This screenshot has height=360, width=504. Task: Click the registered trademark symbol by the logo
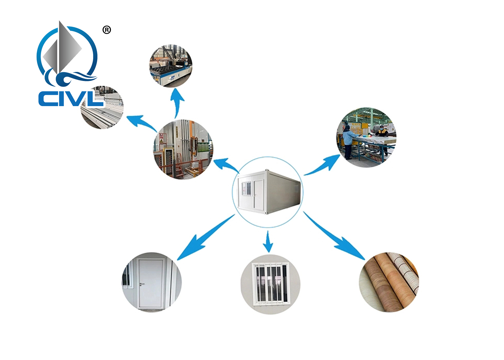pyautogui.click(x=107, y=30)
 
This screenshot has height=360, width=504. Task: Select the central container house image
pyautogui.click(x=268, y=192)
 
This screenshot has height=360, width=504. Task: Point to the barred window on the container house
pyautogui.click(x=246, y=188)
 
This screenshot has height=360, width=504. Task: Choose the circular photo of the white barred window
pyautogui.click(x=271, y=284)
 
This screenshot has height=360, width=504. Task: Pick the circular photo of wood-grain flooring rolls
pyautogui.click(x=389, y=282)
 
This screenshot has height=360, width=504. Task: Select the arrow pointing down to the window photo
pyautogui.click(x=268, y=242)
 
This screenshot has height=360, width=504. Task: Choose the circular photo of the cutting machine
pyautogui.click(x=171, y=66)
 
